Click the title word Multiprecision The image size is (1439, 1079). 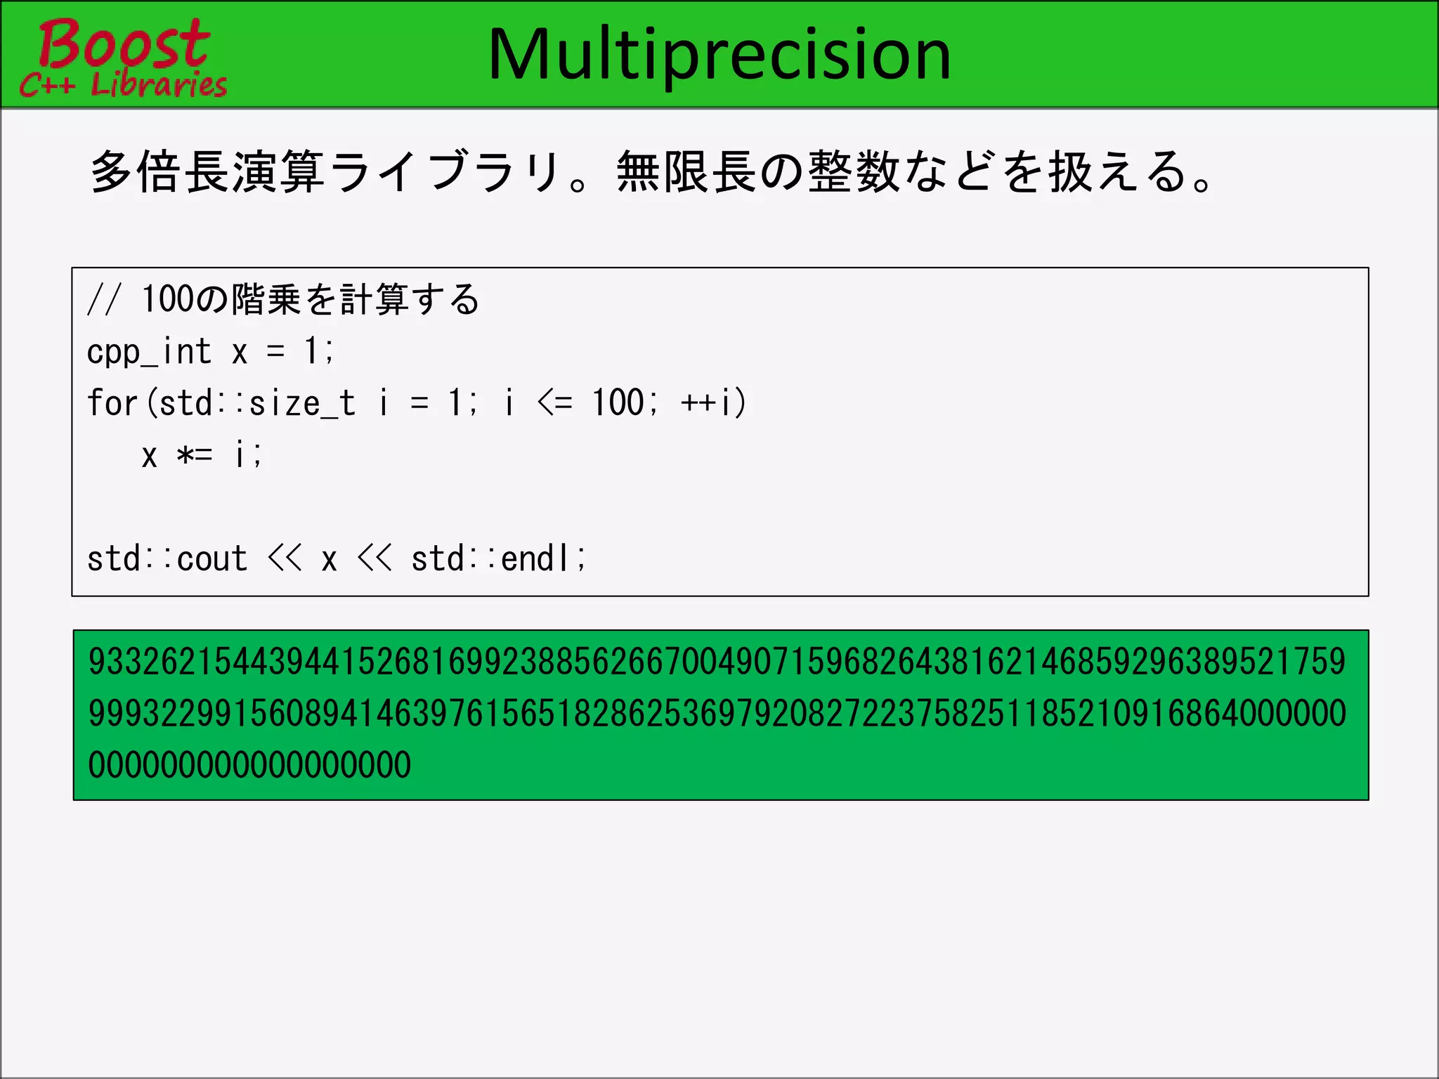coord(719,55)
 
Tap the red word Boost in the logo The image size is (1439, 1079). coord(124,44)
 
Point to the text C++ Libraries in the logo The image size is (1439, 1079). coord(124,85)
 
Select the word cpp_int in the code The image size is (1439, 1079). coord(149,351)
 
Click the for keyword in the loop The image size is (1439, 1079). coord(112,403)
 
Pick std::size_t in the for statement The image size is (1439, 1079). coord(257,403)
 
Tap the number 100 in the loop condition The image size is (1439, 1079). coord(618,403)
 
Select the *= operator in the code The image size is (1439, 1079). coord(194,455)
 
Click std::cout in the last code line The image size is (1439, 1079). coord(167,559)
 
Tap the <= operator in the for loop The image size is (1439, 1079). coord(555,403)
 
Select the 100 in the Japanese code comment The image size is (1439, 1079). coord(167,299)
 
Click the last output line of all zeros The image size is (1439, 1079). coord(249,765)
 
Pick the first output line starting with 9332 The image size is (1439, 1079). coord(717,662)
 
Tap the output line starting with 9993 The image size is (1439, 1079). coord(717,714)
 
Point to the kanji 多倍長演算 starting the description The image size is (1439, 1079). coord(207,172)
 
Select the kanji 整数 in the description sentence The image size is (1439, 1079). coord(854,172)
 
